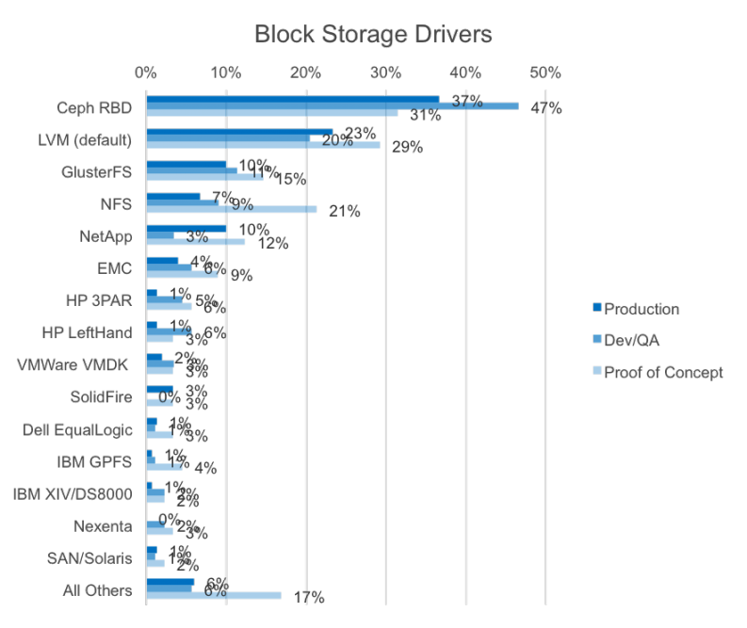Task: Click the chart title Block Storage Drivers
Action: coord(373,35)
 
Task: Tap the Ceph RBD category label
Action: coord(92,107)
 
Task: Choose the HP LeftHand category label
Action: coord(88,332)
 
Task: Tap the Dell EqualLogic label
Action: coord(77,429)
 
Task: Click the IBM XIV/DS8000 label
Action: coord(73,494)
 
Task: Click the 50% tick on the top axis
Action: coord(545,72)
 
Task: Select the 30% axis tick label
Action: coord(385,72)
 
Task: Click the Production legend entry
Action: coord(641,309)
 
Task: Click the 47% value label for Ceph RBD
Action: coord(545,108)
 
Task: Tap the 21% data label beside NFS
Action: coord(344,211)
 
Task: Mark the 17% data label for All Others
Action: coord(308,597)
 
